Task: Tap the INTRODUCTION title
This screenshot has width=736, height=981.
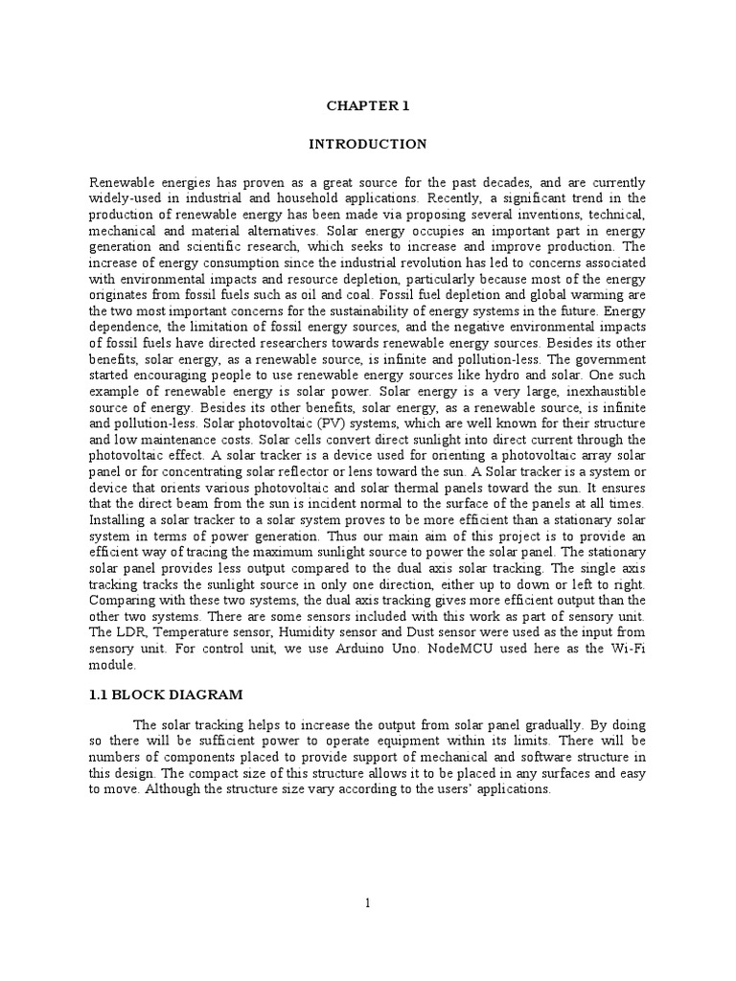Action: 367,144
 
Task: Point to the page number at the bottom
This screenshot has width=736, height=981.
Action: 368,903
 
